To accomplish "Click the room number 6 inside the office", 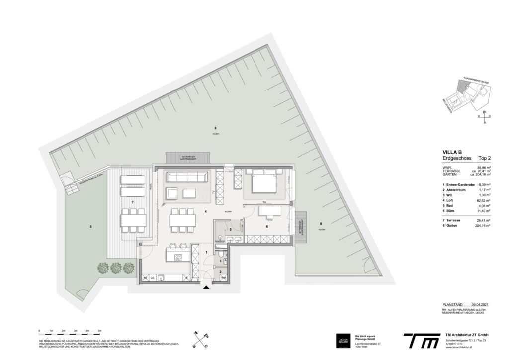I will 267,227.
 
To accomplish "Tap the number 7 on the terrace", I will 133,203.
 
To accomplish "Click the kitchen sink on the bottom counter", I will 161,278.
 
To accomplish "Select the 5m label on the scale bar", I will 100,331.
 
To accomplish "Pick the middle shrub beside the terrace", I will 116,268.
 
